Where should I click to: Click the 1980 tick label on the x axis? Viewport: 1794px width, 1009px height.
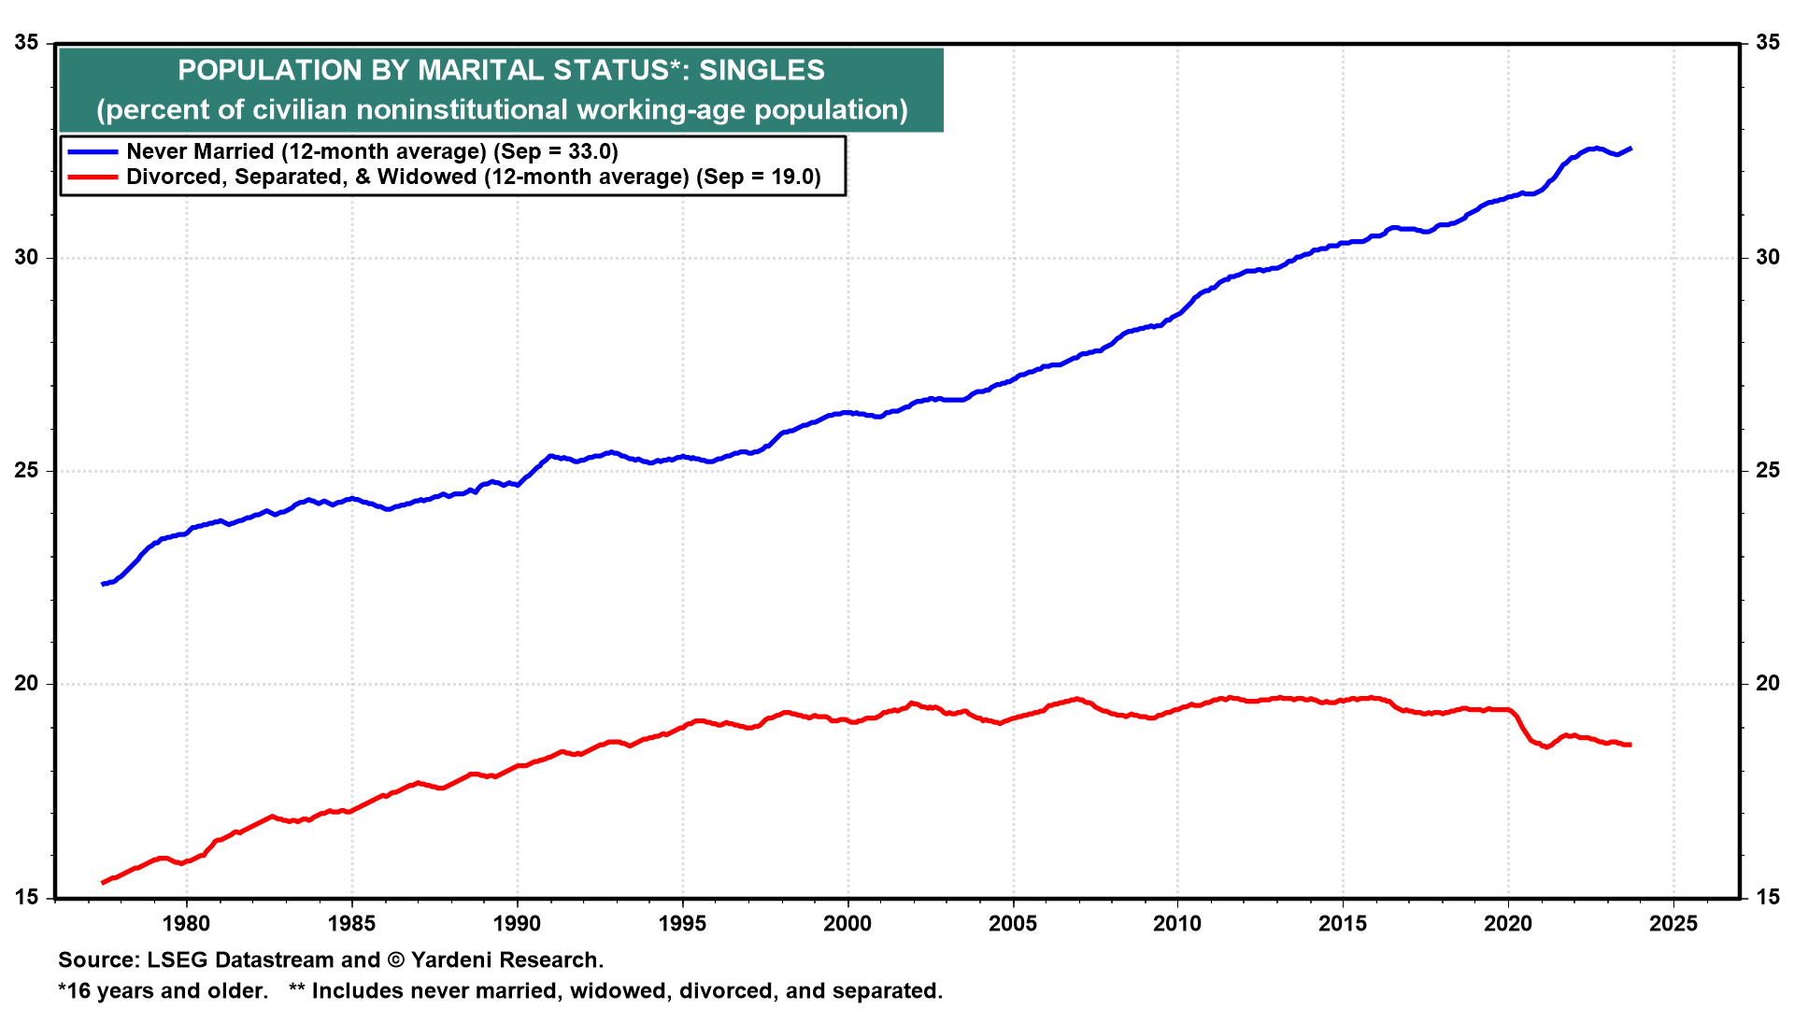[x=186, y=924]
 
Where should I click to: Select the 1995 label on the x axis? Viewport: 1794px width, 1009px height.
[x=682, y=924]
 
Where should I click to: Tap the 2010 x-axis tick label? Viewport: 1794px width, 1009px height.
[x=1177, y=924]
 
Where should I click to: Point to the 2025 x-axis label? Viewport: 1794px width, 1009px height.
[x=1673, y=924]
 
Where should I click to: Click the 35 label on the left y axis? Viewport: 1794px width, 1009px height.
[x=27, y=43]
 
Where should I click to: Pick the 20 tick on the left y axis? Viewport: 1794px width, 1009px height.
[x=27, y=684]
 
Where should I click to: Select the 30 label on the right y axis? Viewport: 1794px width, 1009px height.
[x=1767, y=257]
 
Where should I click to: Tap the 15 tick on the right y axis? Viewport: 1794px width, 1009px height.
[x=1767, y=897]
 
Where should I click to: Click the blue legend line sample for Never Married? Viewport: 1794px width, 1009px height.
[x=93, y=151]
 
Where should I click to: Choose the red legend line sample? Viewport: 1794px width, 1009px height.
[x=93, y=178]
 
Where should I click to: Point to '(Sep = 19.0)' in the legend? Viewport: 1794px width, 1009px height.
[x=758, y=178]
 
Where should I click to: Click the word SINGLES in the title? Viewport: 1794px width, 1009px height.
[x=762, y=70]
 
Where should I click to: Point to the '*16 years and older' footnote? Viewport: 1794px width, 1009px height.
[x=163, y=991]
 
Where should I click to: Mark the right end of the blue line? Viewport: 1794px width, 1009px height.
[x=1630, y=149]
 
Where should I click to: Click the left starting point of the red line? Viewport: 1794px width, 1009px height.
[x=103, y=882]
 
